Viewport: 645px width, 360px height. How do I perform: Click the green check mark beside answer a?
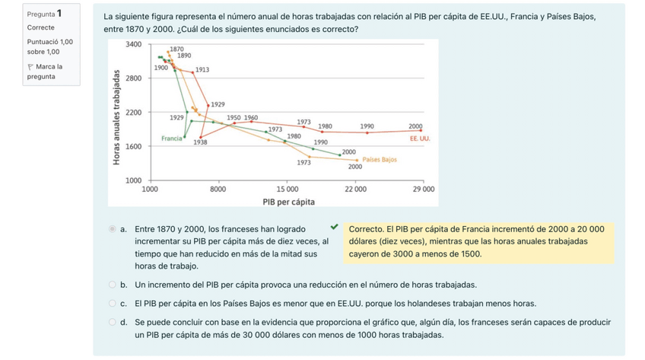[334, 227]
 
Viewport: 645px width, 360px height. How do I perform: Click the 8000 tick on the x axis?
[218, 188]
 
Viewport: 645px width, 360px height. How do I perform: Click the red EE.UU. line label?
[420, 139]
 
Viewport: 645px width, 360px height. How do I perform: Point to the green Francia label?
[171, 138]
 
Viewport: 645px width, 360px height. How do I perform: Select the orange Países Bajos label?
[380, 160]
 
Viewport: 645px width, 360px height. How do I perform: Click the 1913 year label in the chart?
[202, 69]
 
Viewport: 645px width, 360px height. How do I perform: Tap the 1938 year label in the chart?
[201, 142]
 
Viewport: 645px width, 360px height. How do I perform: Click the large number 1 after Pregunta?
[59, 14]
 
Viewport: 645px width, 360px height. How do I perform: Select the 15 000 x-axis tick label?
[287, 188]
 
